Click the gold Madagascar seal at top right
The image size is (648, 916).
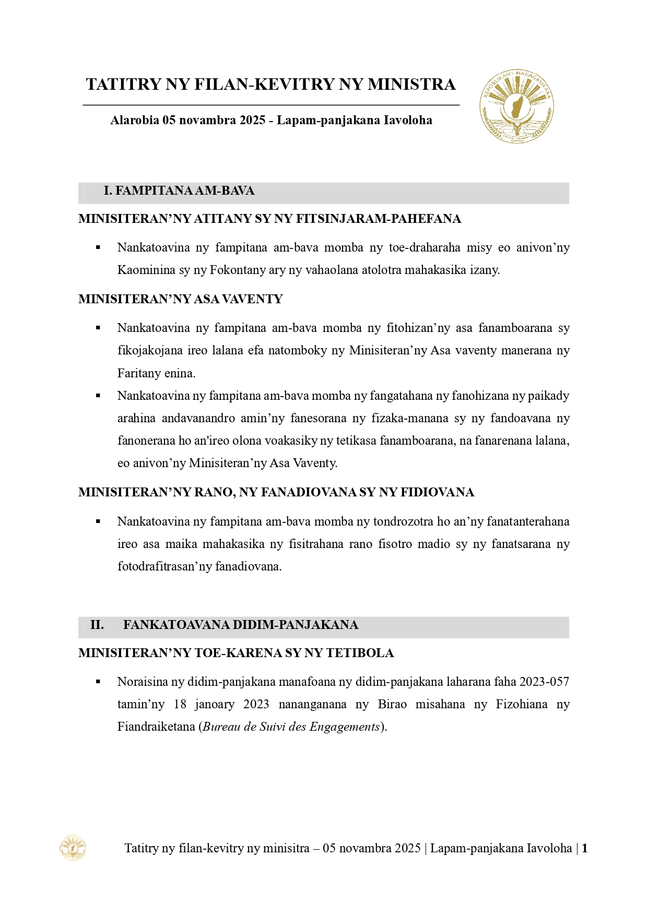click(x=516, y=106)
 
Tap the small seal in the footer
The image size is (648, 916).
click(x=73, y=848)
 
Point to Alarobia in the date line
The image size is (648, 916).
click(x=134, y=121)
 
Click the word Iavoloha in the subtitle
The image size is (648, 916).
click(x=408, y=121)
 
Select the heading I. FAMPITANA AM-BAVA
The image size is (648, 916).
click(x=179, y=191)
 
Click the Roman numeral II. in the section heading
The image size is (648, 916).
click(x=97, y=625)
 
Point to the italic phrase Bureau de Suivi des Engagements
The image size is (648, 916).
click(x=291, y=727)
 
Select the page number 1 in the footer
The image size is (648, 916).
click(x=585, y=849)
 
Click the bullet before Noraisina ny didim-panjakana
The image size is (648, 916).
click(x=98, y=682)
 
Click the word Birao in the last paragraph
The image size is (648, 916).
click(x=392, y=705)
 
